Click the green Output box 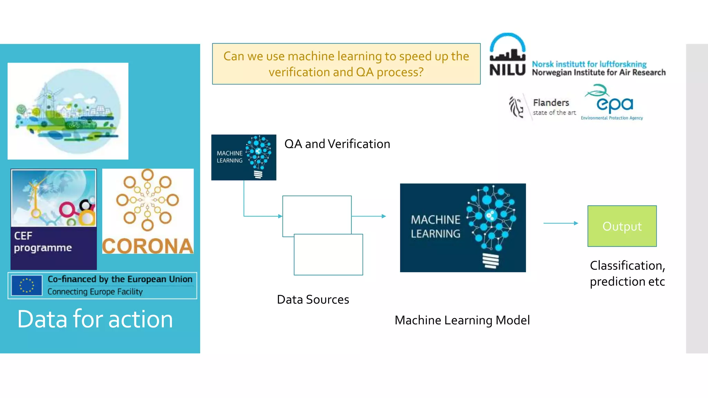coord(622,226)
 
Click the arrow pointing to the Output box coord(561,223)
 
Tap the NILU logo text coord(507,70)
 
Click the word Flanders coord(551,103)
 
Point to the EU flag coord(27,285)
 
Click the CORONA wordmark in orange coord(148,246)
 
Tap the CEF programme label coord(43,242)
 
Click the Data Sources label coord(313,299)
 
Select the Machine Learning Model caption coord(462,320)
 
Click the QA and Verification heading coord(337,144)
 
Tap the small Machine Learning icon coord(243,157)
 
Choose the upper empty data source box coord(316,214)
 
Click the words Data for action coord(95,319)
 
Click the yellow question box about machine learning coord(346,64)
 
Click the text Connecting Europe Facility coord(95,292)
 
